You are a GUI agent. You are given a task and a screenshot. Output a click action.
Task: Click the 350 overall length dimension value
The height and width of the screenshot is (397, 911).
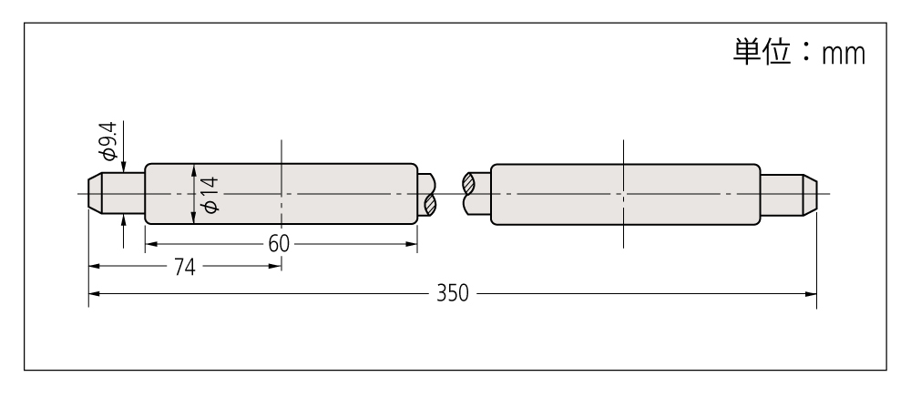tap(452, 294)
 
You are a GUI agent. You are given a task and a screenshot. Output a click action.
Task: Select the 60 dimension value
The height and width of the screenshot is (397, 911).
tap(279, 244)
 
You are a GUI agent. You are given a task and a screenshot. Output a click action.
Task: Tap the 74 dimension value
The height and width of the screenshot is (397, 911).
tap(185, 267)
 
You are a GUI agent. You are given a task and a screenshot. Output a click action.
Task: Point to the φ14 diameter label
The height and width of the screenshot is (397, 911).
tap(210, 195)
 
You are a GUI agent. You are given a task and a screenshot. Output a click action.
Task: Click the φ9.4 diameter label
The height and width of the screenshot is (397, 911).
tap(108, 140)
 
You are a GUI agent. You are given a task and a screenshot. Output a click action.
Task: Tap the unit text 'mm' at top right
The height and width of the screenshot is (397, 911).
tap(843, 54)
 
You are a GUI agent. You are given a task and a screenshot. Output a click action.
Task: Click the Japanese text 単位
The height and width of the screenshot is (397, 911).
tap(762, 52)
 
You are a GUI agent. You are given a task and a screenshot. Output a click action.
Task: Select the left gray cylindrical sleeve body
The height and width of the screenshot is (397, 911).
tap(281, 194)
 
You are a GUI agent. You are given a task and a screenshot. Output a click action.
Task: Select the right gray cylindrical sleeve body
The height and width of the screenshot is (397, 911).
tap(625, 195)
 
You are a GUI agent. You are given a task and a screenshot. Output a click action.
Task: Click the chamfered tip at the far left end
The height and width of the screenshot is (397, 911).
tap(96, 194)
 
